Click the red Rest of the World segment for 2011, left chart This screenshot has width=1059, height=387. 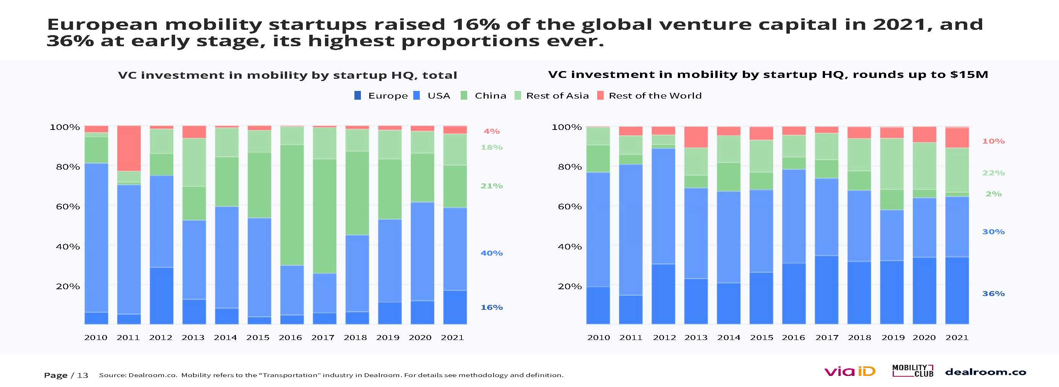coord(129,148)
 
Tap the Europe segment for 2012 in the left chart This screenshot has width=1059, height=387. coord(161,295)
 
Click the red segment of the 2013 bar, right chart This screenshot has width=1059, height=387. coord(695,137)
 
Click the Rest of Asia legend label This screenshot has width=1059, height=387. coord(557,96)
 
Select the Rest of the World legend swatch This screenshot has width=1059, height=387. coord(600,96)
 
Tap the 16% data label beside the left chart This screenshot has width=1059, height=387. coord(491,307)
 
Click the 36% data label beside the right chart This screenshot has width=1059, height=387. coord(993,294)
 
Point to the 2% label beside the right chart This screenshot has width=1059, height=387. coord(993,194)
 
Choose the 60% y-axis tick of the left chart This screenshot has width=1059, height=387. coord(68,207)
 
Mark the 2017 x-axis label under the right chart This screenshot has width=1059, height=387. coord(827,338)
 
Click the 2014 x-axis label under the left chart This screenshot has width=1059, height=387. coord(225,338)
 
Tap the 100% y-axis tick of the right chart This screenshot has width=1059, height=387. coord(566,127)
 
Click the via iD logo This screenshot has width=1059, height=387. coord(849,371)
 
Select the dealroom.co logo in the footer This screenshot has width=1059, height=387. coord(986,372)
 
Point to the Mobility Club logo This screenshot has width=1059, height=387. coord(912,371)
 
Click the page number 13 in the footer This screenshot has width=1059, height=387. coord(83,375)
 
